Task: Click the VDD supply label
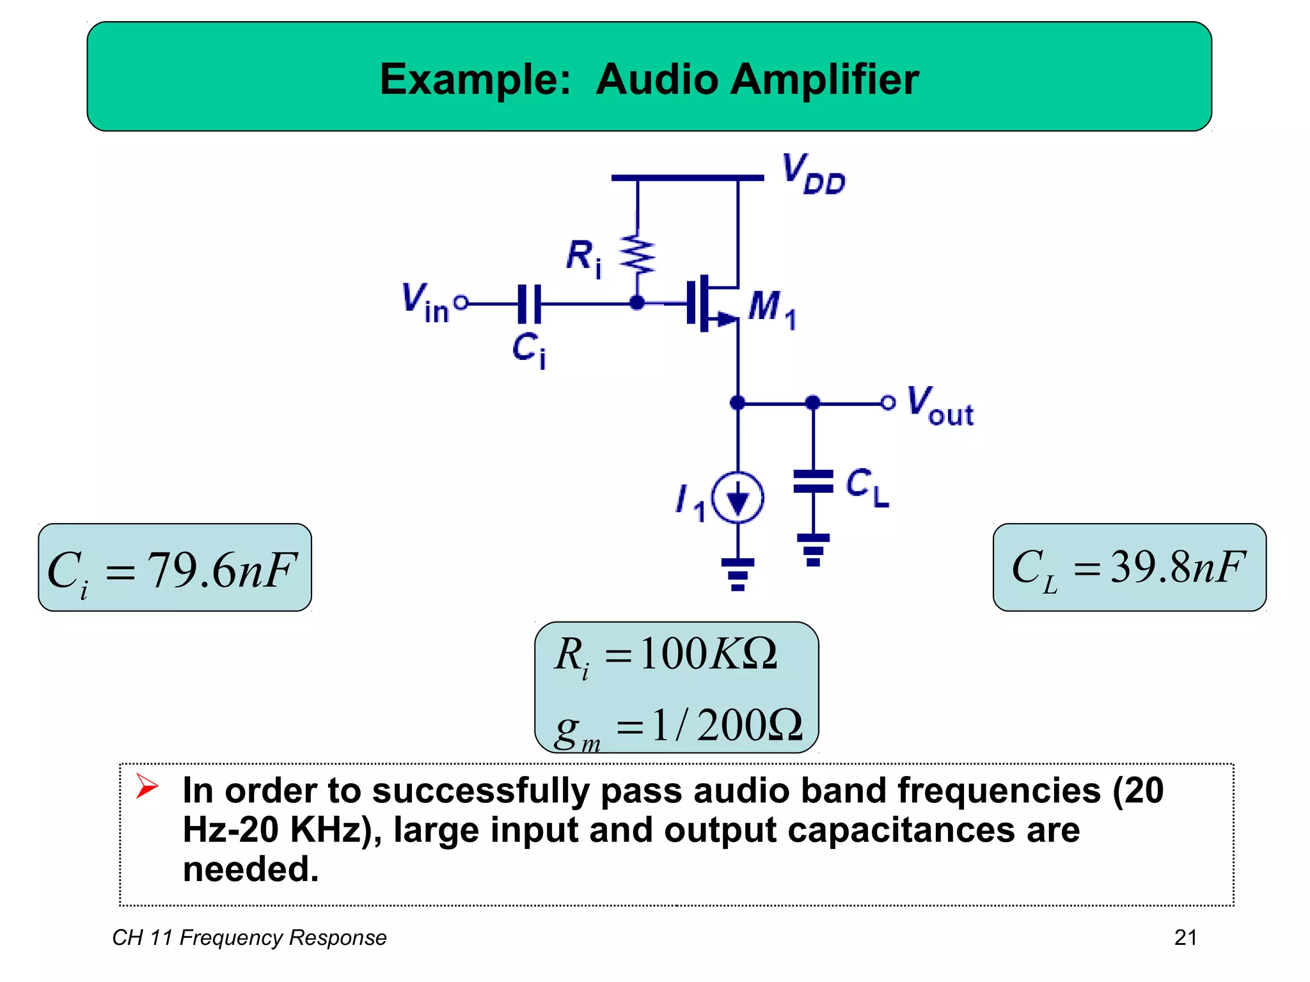(x=814, y=174)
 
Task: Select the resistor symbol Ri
(x=637, y=254)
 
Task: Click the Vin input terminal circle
(x=461, y=302)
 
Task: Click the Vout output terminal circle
(x=887, y=403)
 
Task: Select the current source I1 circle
(x=738, y=497)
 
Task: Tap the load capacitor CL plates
(x=813, y=481)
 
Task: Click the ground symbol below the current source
(x=738, y=573)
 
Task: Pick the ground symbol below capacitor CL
(x=813, y=549)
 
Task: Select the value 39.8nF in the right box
(x=1178, y=566)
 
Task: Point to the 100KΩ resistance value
(x=708, y=653)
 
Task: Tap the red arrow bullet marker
(x=146, y=786)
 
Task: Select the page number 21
(x=1185, y=937)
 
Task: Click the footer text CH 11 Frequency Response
(x=249, y=937)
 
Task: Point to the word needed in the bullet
(x=250, y=869)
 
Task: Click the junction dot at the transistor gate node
(x=637, y=303)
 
